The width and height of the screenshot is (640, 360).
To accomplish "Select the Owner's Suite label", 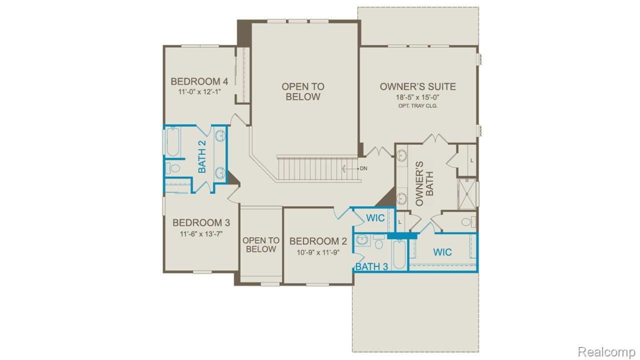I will click(x=417, y=86).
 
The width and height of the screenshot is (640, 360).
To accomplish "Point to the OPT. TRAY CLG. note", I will click(x=417, y=106).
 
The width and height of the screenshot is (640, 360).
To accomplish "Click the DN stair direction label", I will click(x=363, y=168).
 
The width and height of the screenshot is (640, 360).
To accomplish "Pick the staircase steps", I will click(x=317, y=168).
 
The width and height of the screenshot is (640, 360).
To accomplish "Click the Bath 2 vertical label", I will click(x=202, y=156).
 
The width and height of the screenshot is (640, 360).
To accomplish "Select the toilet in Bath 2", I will click(x=173, y=168).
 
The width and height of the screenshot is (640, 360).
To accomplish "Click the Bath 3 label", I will click(x=371, y=267).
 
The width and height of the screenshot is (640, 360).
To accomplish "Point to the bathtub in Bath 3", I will click(x=398, y=255).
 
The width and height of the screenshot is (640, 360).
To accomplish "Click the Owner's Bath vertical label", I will click(x=424, y=183).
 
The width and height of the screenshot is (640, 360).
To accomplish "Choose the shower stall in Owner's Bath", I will click(x=467, y=192).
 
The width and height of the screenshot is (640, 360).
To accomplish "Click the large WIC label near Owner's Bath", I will click(x=442, y=252).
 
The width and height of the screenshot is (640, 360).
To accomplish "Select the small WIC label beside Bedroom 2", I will click(x=375, y=218).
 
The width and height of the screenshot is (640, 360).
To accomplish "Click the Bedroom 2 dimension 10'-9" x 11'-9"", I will click(x=318, y=252).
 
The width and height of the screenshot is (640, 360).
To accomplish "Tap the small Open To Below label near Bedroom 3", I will click(x=261, y=245).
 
